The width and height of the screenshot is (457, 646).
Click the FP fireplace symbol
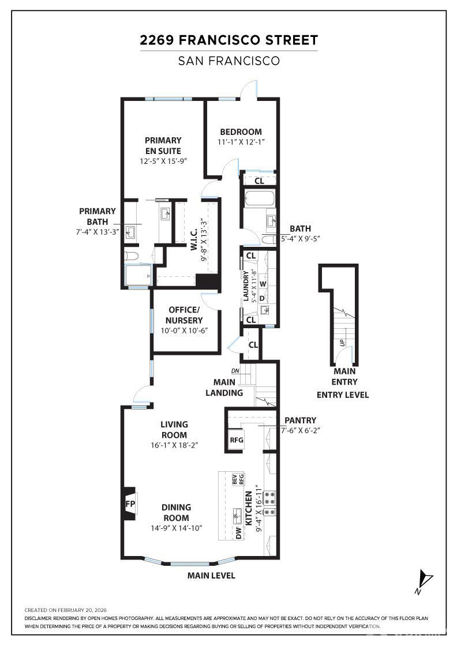[130, 504]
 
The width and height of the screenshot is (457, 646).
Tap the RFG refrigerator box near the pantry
[237, 440]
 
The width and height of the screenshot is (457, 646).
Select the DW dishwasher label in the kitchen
[239, 533]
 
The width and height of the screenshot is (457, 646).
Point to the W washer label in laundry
[263, 284]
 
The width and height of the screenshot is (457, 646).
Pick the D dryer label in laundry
[262, 298]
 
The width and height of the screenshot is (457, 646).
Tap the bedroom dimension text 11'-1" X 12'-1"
[241, 142]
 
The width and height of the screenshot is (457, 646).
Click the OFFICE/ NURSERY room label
[184, 315]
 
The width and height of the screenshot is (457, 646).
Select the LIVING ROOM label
[174, 429]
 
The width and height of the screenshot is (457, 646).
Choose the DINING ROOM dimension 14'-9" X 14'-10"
[177, 528]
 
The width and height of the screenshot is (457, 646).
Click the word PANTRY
[301, 420]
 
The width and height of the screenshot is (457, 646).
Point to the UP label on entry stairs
[342, 342]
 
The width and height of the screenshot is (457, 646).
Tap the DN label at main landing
[235, 371]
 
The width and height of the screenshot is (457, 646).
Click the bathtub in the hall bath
[259, 199]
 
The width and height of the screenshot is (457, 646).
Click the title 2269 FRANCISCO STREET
[228, 40]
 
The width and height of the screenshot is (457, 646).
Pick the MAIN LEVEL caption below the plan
[211, 575]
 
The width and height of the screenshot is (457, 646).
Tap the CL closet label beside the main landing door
[253, 344]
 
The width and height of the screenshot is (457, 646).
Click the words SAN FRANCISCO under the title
[228, 61]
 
